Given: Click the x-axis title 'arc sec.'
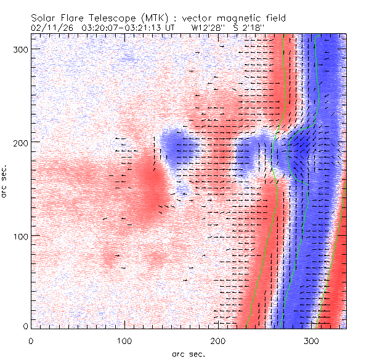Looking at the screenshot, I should pos(188,354).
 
